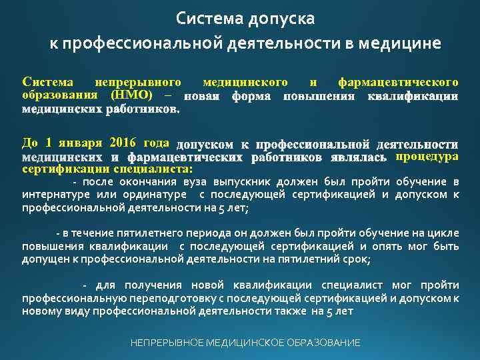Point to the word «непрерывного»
[x=138, y=83]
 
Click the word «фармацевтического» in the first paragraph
[x=398, y=83]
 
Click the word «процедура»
[x=427, y=157]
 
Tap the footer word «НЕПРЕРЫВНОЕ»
[x=166, y=343]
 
